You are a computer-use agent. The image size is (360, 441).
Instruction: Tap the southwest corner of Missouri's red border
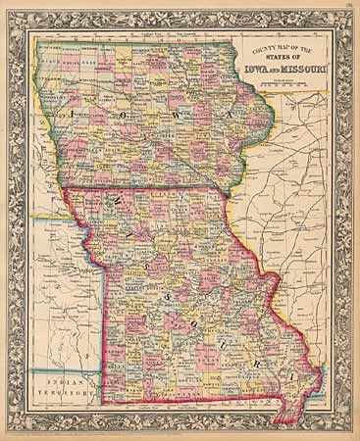(x=104, y=403)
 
